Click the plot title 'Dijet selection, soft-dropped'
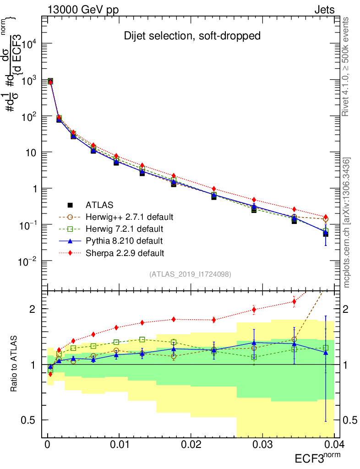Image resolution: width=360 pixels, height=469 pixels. coord(192,36)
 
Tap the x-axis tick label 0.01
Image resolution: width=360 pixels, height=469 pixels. coord(119,446)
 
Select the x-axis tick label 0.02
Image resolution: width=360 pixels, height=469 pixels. coord(191,446)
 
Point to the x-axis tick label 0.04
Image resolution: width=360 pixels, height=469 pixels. coord(333,446)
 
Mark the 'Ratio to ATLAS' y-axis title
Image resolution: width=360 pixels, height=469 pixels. coord(14,364)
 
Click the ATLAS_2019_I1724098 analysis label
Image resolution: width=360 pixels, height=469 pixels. coord(190,274)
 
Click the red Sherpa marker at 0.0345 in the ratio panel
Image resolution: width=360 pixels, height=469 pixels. coord(294,301)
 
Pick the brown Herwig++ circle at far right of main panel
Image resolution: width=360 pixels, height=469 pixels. coord(326,219)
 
